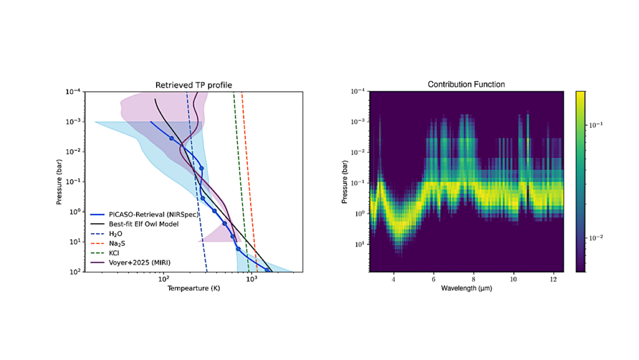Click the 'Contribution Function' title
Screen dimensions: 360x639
[x=466, y=84]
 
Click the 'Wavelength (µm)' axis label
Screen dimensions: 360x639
[x=466, y=289]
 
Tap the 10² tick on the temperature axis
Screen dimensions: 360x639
[x=163, y=280]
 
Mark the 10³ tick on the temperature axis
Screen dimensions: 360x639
[x=251, y=280]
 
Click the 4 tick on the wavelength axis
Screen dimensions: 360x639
[x=393, y=279]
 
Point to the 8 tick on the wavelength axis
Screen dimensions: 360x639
[x=474, y=279]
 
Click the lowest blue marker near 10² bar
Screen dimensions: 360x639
[x=268, y=270]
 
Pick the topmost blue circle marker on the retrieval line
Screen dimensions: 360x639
[x=172, y=138]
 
